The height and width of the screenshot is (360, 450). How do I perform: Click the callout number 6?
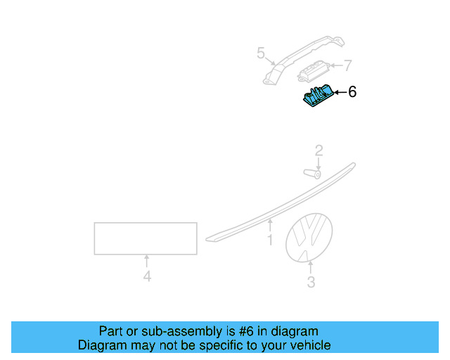coord(352,92)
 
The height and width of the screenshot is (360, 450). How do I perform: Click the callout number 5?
coord(261,53)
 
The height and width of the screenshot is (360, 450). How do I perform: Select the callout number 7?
coord(347,66)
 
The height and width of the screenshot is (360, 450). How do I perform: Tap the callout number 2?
coord(319,150)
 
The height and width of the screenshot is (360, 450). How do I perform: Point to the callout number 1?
coord(269,241)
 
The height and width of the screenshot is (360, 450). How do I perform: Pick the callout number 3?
coord(311,283)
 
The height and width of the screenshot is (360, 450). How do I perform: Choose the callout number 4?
coord(147,277)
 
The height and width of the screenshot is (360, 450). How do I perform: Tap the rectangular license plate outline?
coord(146,238)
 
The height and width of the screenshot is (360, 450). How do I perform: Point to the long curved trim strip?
coord(281,204)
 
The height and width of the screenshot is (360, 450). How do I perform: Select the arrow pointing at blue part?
coord(340,92)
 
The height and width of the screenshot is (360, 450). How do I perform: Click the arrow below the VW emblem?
coord(311,267)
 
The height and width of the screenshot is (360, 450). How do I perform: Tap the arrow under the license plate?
coord(147,261)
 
